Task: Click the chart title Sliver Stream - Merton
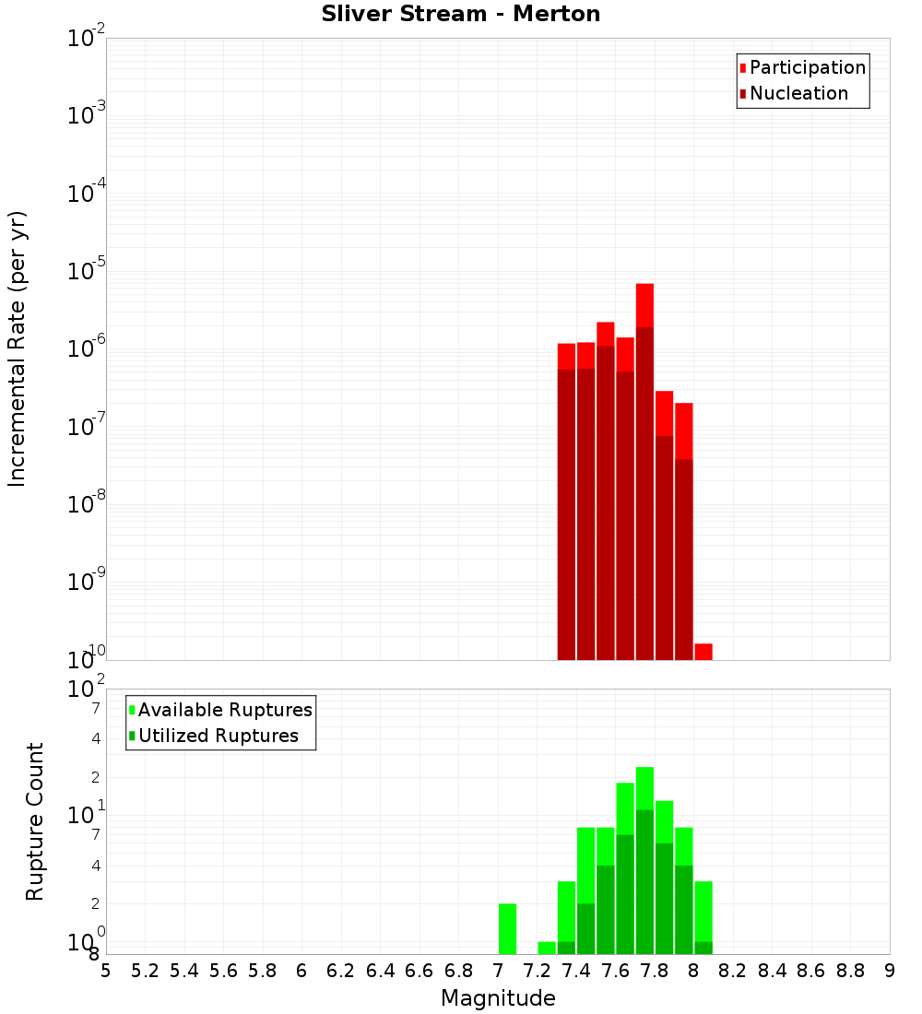460,14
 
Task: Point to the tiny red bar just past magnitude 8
703,651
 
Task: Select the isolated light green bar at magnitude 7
507,929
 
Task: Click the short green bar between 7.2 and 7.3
547,948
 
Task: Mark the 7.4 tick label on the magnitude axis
576,971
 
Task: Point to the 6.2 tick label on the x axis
340,971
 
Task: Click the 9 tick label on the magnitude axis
890,971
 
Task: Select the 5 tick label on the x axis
106,971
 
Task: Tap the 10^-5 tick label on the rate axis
87,272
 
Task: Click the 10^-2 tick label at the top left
87,39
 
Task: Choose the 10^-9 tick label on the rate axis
87,583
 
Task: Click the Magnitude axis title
498,998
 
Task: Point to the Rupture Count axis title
35,821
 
